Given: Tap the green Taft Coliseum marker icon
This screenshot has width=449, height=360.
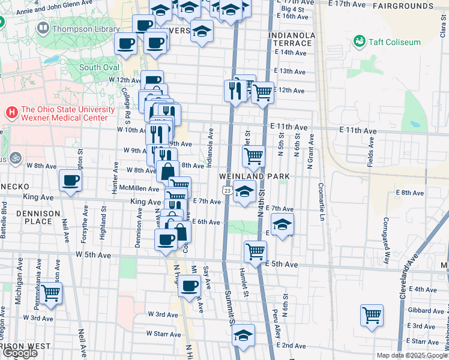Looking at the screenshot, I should pyautogui.click(x=360, y=41).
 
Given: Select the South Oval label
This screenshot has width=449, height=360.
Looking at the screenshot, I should pyautogui.click(x=99, y=67).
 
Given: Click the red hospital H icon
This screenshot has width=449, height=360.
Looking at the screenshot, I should pyautogui.click(x=11, y=112).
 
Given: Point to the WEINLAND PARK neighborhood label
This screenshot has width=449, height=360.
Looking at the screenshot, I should pyautogui.click(x=255, y=176).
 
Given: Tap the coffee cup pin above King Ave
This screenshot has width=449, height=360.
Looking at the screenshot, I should pyautogui.click(x=71, y=181).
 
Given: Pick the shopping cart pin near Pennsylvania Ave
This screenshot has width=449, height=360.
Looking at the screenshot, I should pyautogui.click(x=51, y=293).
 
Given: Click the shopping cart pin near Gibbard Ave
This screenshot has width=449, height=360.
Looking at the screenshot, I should pyautogui.click(x=372, y=314).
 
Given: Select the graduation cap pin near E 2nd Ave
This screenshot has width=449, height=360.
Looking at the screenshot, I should pyautogui.click(x=243, y=335).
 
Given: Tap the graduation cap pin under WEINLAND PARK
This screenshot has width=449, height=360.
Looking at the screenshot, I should pyautogui.click(x=244, y=193).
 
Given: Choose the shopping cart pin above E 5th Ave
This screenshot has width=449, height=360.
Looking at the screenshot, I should pyautogui.click(x=255, y=251).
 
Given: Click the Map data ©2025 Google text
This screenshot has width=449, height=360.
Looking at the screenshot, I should pyautogui.click(x=412, y=355).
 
